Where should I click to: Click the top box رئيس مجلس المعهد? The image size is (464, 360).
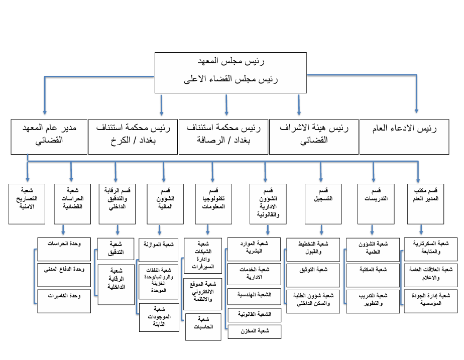coord(230,71)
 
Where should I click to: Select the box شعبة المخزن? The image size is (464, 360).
coord(255,331)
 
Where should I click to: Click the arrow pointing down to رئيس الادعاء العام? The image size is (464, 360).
coord(416,103)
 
